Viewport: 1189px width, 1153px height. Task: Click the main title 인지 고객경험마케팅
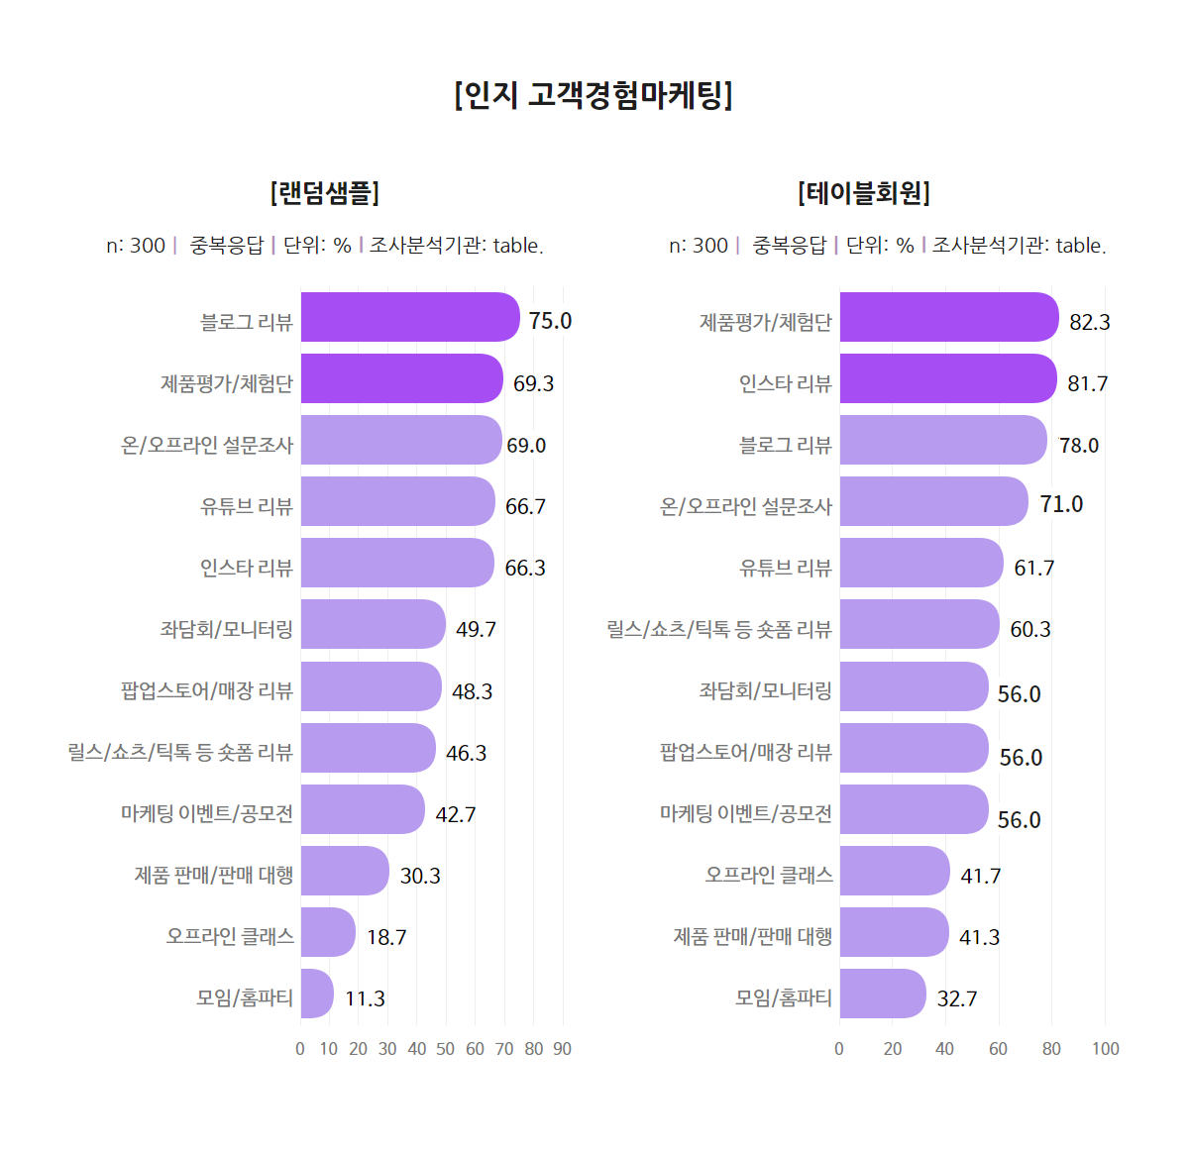(594, 95)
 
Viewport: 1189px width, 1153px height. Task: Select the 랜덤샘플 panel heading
(325, 192)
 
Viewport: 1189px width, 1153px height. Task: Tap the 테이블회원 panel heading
(864, 192)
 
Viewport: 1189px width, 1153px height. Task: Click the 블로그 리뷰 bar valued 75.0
(409, 317)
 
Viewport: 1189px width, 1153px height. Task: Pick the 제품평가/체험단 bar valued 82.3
(948, 317)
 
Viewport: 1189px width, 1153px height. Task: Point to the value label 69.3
(533, 383)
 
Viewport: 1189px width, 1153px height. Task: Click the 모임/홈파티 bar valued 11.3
(317, 994)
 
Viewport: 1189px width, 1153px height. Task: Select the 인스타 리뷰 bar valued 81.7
(947, 378)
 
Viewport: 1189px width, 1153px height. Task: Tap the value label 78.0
(1079, 446)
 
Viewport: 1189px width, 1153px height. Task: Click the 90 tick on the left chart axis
(563, 1049)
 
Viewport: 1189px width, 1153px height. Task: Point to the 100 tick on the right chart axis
(1105, 1049)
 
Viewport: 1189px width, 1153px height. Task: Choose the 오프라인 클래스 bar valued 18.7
(328, 932)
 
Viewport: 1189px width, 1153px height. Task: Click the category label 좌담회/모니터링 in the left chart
(227, 629)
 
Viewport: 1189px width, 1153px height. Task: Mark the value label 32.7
(957, 998)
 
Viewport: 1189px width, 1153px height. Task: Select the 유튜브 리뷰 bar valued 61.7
(921, 563)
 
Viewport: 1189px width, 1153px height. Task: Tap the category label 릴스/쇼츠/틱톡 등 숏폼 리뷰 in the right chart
(719, 629)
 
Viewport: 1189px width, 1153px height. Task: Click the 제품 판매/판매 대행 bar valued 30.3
(345, 871)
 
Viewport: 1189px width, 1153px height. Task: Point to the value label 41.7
(980, 876)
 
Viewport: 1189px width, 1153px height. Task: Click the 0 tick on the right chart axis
(839, 1049)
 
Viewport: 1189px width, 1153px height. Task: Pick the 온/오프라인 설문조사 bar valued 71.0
(933, 501)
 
